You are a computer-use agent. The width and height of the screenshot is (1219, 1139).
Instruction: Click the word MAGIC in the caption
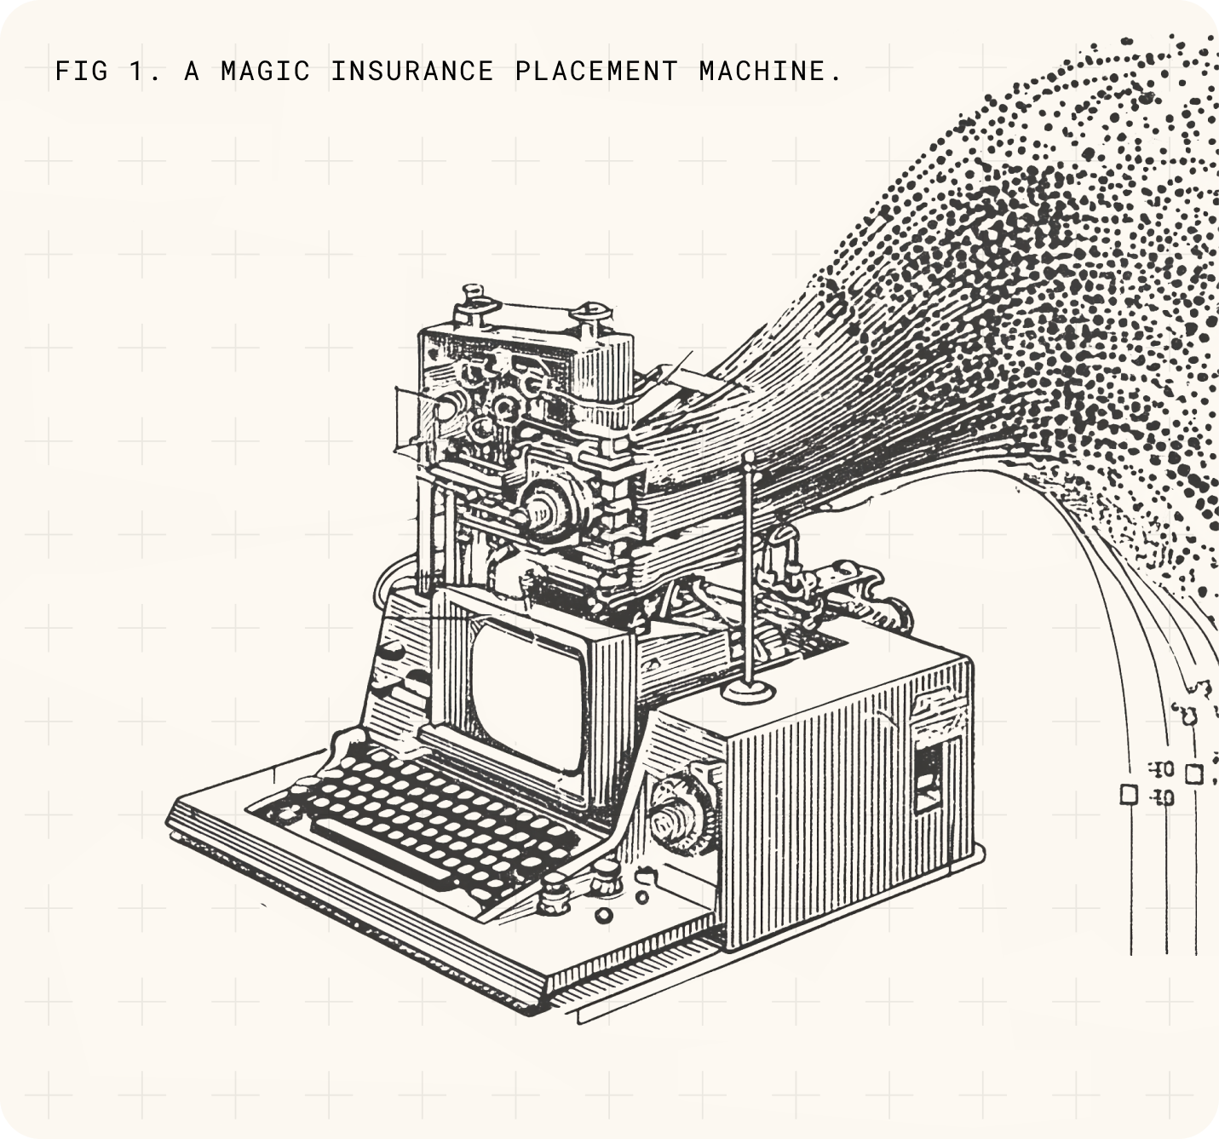[x=265, y=71]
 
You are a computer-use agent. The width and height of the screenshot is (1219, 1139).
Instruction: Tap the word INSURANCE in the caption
[x=412, y=71]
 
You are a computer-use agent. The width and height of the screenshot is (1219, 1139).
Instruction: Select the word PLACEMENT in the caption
[x=596, y=71]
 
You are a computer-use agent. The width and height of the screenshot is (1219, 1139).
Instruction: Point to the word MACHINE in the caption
[x=763, y=71]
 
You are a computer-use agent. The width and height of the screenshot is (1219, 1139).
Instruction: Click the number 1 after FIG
[x=137, y=71]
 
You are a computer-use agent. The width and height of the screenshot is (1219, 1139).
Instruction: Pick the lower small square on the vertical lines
[x=1129, y=794]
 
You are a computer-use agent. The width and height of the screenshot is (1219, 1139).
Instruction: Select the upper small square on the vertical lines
[x=1193, y=774]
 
